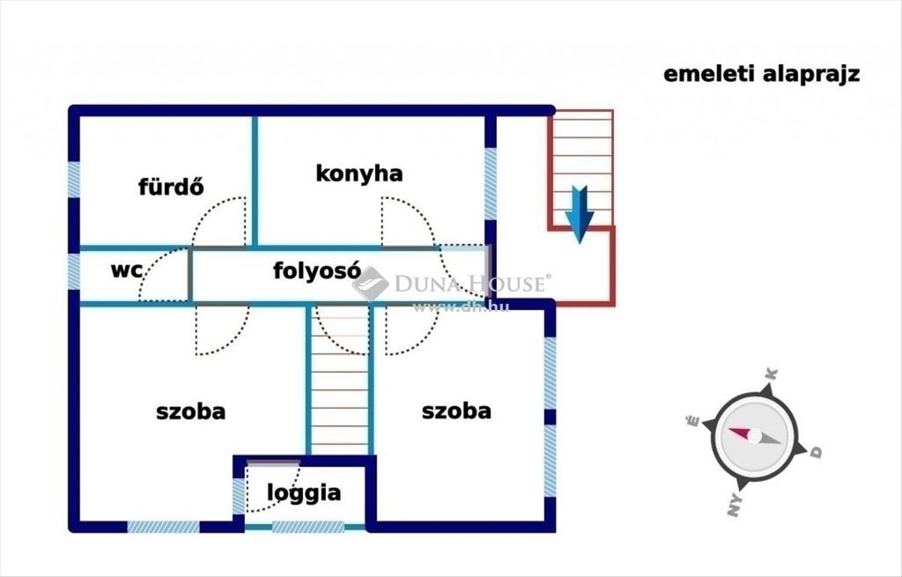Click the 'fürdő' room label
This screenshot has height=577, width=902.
[171, 187]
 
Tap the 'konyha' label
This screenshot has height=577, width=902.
[359, 174]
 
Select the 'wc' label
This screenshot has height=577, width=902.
[126, 270]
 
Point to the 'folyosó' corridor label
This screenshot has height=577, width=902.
[317, 270]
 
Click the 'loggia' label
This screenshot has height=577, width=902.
[304, 494]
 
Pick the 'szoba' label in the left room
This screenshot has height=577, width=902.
[190, 412]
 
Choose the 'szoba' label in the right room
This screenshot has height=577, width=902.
[456, 411]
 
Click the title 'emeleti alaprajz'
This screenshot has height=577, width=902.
[762, 75]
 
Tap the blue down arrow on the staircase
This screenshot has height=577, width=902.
[579, 214]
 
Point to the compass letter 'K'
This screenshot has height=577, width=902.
[772, 374]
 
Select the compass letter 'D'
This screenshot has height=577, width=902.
[816, 453]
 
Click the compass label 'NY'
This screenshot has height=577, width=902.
[734, 505]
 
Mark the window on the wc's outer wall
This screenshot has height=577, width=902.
[74, 271]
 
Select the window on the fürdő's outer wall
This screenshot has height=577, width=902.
[74, 180]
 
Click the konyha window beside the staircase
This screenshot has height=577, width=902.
[490, 184]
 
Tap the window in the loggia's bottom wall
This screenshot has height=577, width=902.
[308, 527]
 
